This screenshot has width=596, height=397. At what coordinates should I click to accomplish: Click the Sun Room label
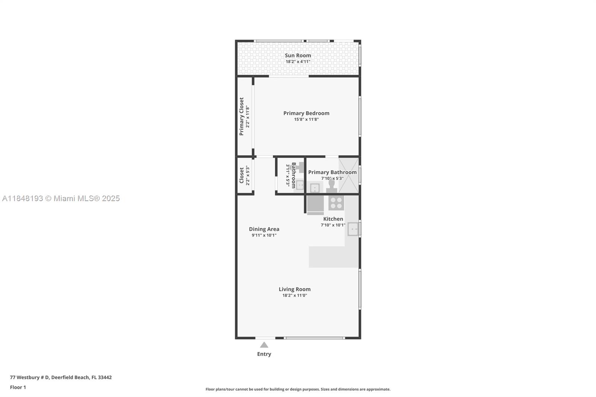pos(298,55)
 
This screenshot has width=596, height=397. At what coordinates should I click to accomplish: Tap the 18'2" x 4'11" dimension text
pos(298,62)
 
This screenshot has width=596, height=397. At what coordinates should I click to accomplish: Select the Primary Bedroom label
pos(306,113)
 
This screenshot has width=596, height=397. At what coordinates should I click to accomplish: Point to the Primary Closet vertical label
pos(241,117)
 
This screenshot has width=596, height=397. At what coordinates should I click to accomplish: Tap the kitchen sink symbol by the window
pos(353,229)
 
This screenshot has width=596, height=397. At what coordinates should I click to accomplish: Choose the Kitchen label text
pos(333,219)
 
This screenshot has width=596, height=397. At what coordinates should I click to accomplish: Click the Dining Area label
pos(264,229)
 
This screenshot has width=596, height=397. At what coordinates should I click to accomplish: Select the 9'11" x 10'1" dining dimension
pos(264,235)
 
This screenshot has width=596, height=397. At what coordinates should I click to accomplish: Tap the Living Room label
pos(294,289)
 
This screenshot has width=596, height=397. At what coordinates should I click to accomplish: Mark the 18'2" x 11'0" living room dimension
pos(294,296)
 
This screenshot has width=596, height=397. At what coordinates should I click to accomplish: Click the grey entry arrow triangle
pos(264,345)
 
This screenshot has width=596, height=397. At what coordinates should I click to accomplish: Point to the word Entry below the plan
pos(264,354)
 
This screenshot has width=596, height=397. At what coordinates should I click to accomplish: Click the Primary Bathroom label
pos(332,172)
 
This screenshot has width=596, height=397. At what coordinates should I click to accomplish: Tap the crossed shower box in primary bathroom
pos(349,175)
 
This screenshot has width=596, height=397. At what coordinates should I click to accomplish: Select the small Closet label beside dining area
pos(241,175)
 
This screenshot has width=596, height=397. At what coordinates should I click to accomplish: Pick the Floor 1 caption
pos(18,387)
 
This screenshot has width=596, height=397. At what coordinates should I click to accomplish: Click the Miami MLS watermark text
pos(61,198)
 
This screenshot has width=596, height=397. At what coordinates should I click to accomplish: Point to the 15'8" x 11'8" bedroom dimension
pos(306,120)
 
